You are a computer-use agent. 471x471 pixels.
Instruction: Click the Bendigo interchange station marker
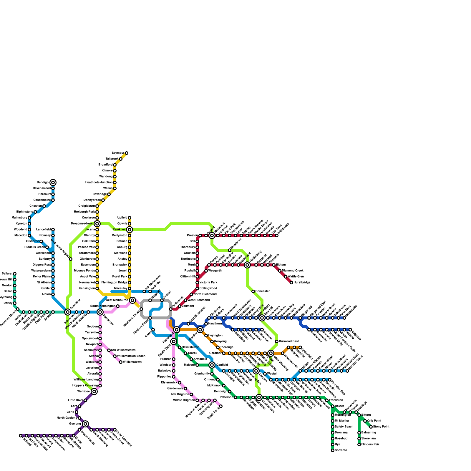(53, 183)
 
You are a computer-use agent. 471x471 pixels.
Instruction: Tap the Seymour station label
(118, 153)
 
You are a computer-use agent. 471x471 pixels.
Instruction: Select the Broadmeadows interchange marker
(97, 224)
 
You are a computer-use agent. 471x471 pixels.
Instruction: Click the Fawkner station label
(120, 230)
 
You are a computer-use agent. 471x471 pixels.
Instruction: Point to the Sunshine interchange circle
(68, 312)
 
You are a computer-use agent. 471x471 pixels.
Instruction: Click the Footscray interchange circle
(100, 312)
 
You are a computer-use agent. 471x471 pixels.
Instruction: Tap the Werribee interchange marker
(94, 392)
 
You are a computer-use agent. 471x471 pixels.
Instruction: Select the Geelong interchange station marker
(85, 424)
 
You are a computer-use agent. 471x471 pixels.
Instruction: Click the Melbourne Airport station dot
(71, 259)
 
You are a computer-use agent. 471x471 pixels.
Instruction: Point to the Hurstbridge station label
(302, 283)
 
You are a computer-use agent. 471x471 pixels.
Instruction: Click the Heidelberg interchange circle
(247, 265)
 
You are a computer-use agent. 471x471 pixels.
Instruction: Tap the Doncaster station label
(263, 291)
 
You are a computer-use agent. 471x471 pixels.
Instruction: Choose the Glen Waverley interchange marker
(271, 353)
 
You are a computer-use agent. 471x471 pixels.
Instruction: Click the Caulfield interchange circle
(212, 365)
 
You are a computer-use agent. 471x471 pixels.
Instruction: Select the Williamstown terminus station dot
(121, 362)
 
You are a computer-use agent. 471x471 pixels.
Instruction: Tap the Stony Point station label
(381, 427)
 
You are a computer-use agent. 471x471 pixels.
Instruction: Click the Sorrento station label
(341, 450)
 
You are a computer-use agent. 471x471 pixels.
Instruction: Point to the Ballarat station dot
(15, 274)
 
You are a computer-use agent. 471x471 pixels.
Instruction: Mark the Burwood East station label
(289, 341)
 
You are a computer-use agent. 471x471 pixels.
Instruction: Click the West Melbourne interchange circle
(132, 300)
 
